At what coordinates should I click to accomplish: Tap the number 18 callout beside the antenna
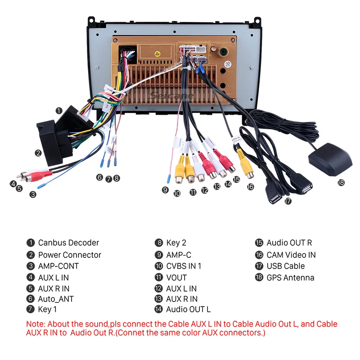pyautogui.click(x=341, y=183)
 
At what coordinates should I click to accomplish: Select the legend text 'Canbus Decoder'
pyautogui.click(x=68, y=243)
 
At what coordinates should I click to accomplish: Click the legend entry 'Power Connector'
pyautogui.click(x=69, y=255)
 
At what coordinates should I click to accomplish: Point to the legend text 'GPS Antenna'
pyautogui.click(x=290, y=278)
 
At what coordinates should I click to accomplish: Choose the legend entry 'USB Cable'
pyautogui.click(x=285, y=266)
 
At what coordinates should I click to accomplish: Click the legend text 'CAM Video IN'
pyautogui.click(x=291, y=255)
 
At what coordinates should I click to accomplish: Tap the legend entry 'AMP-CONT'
pyautogui.click(x=58, y=266)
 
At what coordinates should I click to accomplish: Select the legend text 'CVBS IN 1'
pyautogui.click(x=184, y=266)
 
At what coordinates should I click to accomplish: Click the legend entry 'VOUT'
pyautogui.click(x=176, y=278)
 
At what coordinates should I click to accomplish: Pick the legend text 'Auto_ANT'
pyautogui.click(x=56, y=299)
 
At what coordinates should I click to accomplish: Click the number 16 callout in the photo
pyautogui.click(x=250, y=186)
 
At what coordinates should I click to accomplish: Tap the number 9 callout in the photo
pyautogui.click(x=165, y=190)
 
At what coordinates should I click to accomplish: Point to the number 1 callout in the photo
pyautogui.click(x=59, y=110)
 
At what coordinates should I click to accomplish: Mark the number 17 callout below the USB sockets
pyautogui.click(x=288, y=201)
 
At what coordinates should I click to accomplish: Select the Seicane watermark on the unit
pyautogui.click(x=171, y=96)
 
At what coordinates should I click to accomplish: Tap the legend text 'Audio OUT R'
pyautogui.click(x=289, y=243)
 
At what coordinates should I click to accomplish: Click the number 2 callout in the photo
pyautogui.click(x=39, y=153)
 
